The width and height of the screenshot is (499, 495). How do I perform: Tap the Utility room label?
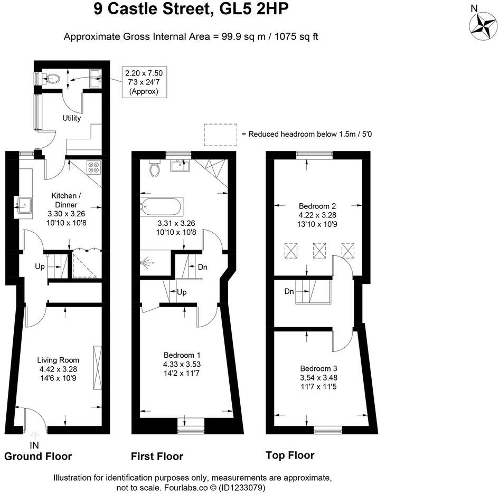(72, 118)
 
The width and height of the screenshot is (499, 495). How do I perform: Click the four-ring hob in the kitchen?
(94, 167)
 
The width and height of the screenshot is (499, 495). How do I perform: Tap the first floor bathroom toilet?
(155, 169)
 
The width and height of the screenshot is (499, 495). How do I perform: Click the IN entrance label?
(35, 445)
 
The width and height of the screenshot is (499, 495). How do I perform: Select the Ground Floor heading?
(38, 456)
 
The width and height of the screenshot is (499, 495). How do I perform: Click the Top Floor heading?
(290, 455)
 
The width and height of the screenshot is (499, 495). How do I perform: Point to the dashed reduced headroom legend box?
(220, 134)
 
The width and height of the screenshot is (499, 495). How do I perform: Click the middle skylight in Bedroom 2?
(319, 250)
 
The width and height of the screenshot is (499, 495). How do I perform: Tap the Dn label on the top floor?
(289, 291)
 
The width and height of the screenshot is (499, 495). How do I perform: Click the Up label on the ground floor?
(40, 266)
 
